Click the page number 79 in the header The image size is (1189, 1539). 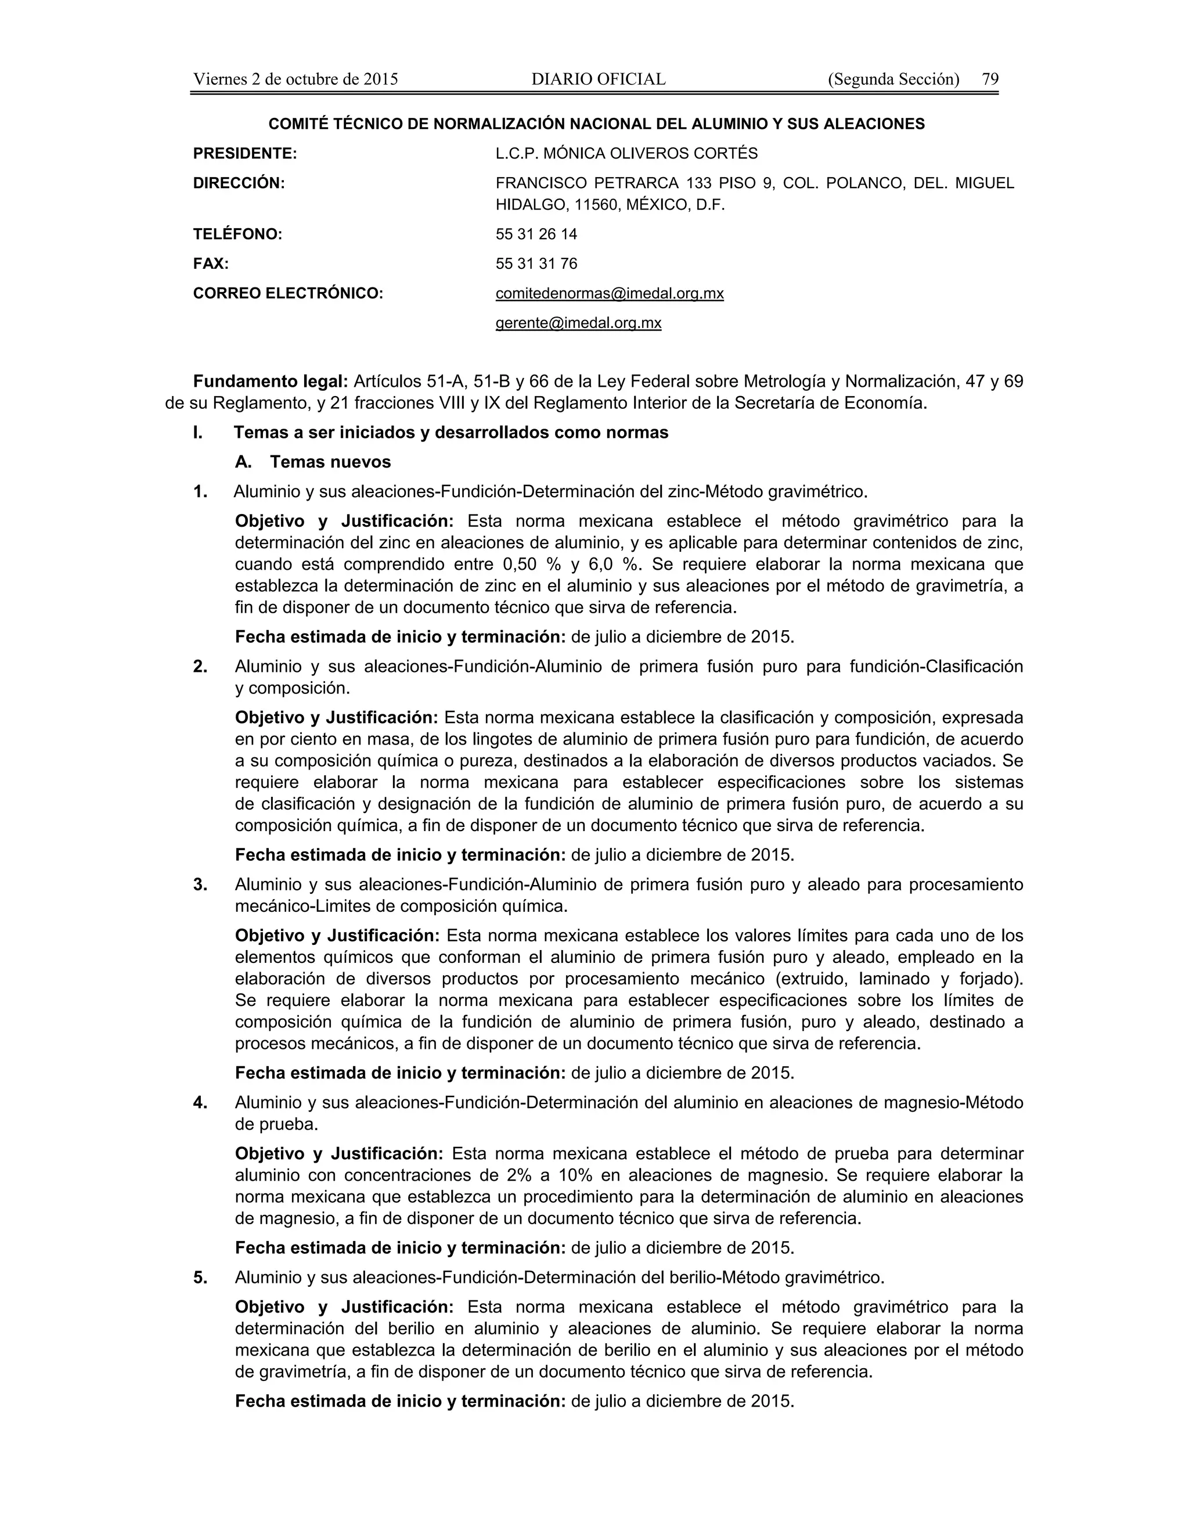tap(990, 79)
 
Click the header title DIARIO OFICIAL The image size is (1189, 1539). tap(598, 79)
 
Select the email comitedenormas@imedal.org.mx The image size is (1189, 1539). tap(609, 293)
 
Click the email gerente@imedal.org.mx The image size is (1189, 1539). tap(578, 323)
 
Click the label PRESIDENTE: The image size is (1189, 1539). tap(244, 153)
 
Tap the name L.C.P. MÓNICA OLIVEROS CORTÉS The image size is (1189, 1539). tap(626, 153)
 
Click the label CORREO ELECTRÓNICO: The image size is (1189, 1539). tap(287, 293)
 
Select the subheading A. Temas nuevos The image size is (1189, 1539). tap(313, 462)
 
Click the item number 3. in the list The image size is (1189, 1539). tap(200, 884)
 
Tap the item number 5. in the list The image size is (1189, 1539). tap(200, 1277)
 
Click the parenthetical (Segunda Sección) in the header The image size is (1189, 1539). tap(893, 79)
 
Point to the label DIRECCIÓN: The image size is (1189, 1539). tap(239, 183)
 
